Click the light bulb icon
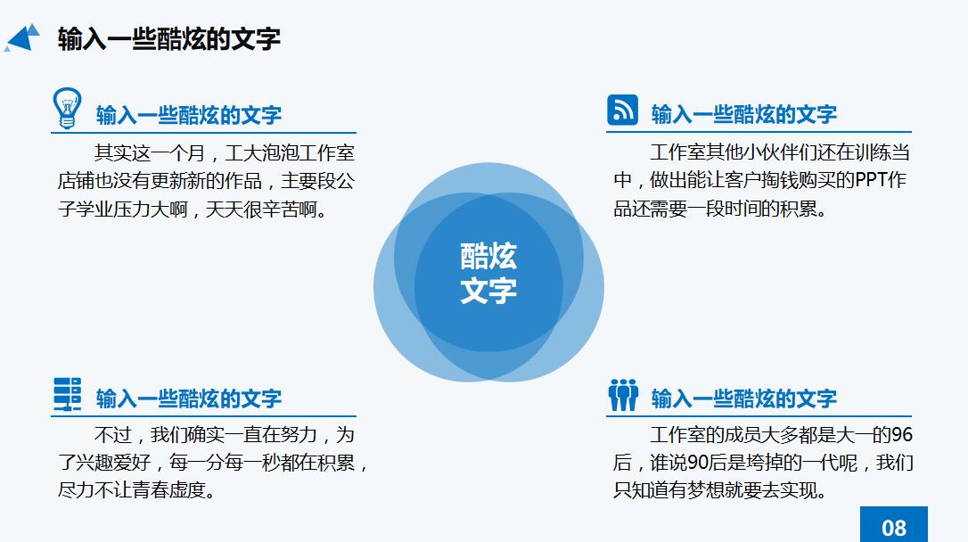[67, 107]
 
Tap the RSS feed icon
[622, 110]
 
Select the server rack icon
[67, 393]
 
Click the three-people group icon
[623, 394]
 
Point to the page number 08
[893, 526]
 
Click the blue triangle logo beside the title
[23, 38]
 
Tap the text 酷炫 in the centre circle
[488, 257]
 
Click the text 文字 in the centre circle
[488, 291]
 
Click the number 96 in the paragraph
[902, 435]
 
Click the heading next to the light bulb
[189, 115]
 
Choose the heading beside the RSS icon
[744, 114]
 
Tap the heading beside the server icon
[189, 398]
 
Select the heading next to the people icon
[744, 398]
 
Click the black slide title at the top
[169, 39]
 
